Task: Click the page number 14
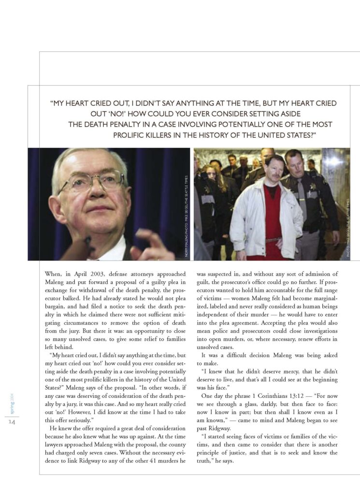click(x=12, y=422)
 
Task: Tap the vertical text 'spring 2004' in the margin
click(x=12, y=403)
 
